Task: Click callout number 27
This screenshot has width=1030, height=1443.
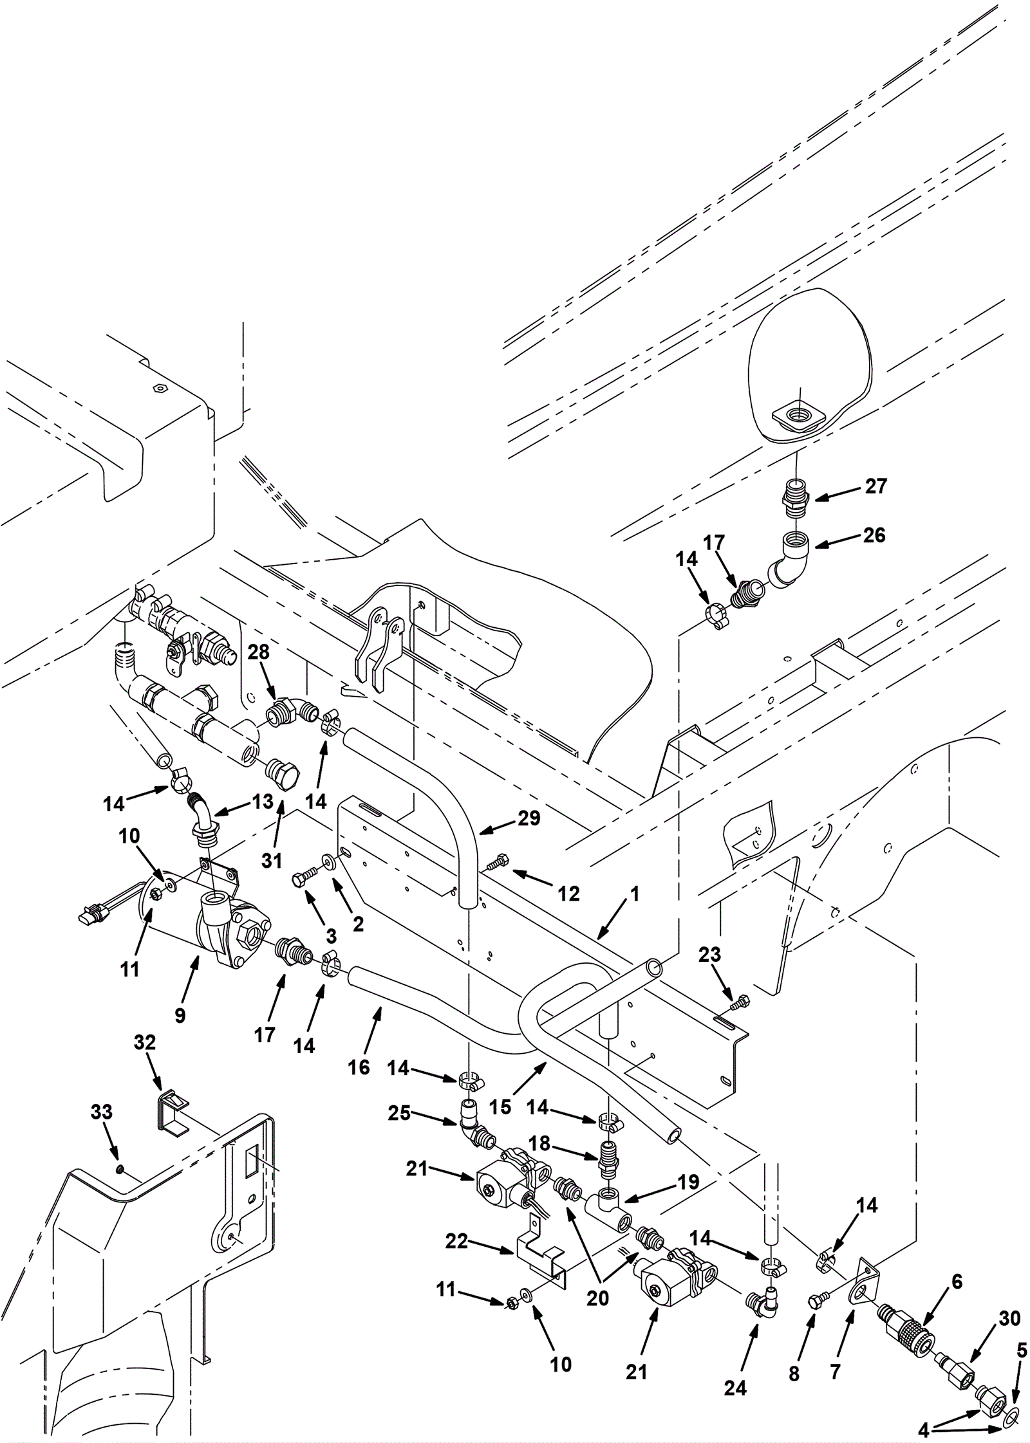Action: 876,486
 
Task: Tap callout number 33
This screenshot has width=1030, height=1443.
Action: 102,1112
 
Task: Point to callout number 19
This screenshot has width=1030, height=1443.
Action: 688,1182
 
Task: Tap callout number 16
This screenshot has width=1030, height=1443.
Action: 359,1067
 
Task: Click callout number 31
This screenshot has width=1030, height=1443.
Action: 272,860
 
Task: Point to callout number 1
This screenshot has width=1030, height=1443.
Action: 634,894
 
